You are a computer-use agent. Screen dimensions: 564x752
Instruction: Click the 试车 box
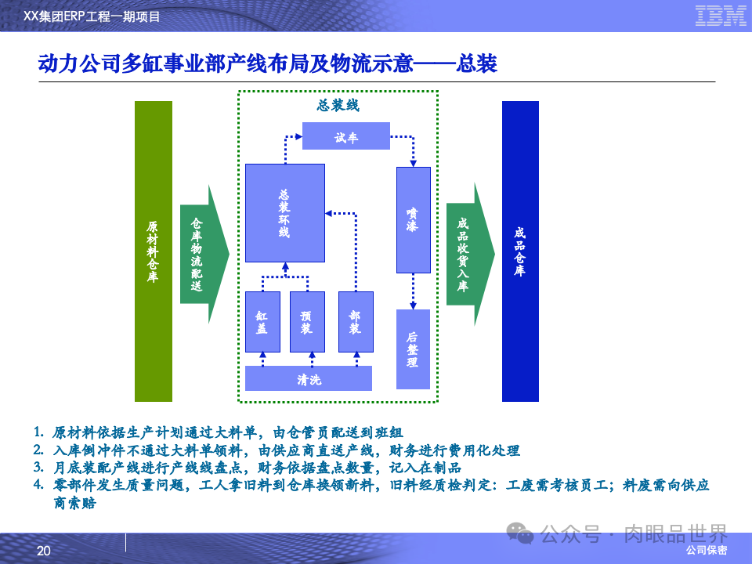coord(345,136)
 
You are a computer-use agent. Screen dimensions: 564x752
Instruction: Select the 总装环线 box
coord(284,212)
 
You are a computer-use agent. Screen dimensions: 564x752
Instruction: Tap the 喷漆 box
coord(413,219)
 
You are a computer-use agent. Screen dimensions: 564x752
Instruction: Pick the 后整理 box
coord(413,349)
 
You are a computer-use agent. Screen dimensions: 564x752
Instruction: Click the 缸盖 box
coord(262,321)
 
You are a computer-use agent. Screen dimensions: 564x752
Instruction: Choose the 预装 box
coord(306,321)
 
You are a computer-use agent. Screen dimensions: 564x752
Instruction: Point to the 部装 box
coord(355,321)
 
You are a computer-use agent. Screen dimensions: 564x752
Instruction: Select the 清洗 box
coord(308,379)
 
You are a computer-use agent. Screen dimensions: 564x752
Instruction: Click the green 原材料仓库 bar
coord(153,251)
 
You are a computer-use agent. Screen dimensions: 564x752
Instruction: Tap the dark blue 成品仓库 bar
coord(520,251)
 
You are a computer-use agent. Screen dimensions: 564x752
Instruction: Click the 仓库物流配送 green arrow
coord(201,254)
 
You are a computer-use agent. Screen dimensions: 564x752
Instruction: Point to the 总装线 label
coord(338,106)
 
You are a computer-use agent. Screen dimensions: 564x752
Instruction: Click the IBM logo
coord(720,16)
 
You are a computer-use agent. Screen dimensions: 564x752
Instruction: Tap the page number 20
coord(43,551)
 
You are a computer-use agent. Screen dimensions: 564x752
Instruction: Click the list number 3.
coord(38,467)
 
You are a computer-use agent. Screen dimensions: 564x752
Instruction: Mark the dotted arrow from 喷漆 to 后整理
coord(413,291)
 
